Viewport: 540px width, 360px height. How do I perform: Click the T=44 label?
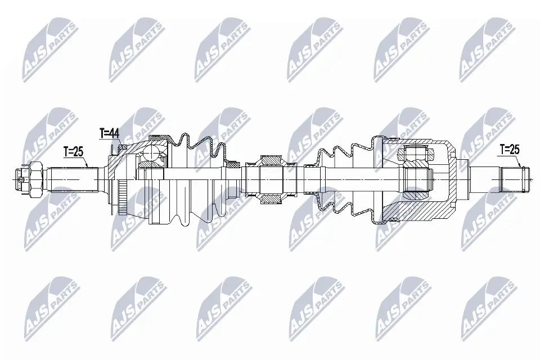pyautogui.click(x=109, y=133)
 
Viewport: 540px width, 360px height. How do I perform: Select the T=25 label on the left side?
pyautogui.click(x=73, y=151)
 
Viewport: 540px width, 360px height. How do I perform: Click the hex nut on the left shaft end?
pyautogui.click(x=34, y=179)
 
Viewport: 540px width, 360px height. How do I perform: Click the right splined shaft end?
pyautogui.click(x=514, y=179)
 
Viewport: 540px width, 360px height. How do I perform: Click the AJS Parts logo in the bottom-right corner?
pyautogui.click(x=486, y=307)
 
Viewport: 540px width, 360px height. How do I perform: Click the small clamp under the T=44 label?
pyautogui.click(x=116, y=149)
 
